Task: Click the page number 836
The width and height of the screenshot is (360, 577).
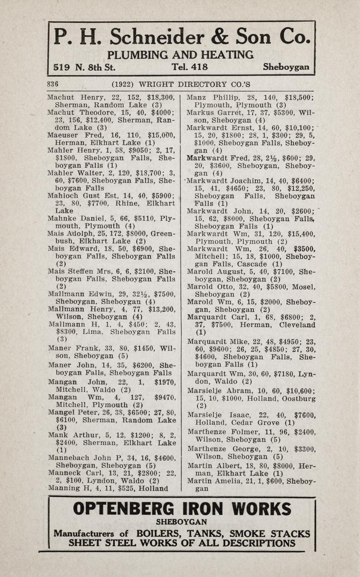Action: coord(53,84)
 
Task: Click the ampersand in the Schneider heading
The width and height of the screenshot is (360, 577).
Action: coord(219,37)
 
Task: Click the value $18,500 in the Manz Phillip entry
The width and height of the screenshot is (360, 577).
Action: coord(299,97)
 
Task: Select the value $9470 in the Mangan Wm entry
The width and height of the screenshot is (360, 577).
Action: coord(164,397)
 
